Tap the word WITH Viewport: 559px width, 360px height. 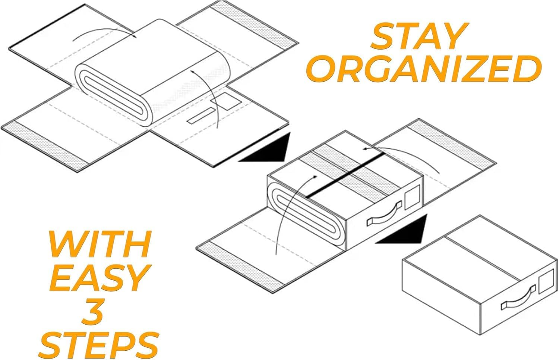tap(100, 244)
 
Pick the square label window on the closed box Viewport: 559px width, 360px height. tap(547, 281)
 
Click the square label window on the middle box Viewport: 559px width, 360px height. tap(412, 197)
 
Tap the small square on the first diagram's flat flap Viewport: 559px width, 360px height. tap(225, 101)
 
